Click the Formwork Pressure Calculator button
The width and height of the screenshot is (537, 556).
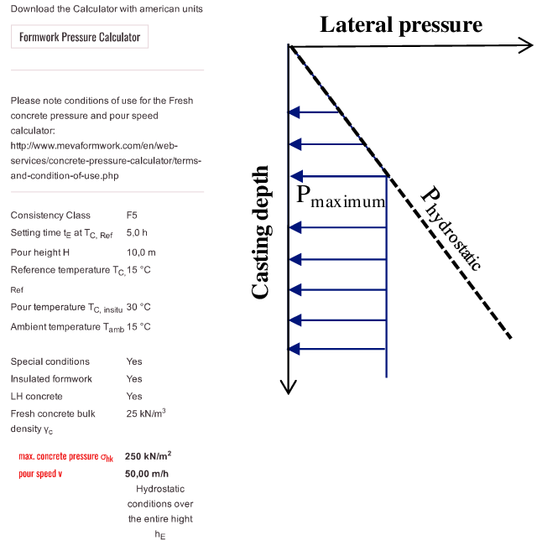pyautogui.click(x=80, y=37)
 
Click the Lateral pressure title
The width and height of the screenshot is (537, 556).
pyautogui.click(x=401, y=24)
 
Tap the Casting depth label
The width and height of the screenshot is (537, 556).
pyautogui.click(x=261, y=232)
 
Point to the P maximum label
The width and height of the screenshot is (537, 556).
pyautogui.click(x=341, y=198)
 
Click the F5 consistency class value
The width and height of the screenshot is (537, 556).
pyautogui.click(x=132, y=216)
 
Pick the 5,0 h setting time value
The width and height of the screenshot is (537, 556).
pyautogui.click(x=137, y=232)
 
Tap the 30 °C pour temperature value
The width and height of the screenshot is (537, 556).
pyautogui.click(x=138, y=307)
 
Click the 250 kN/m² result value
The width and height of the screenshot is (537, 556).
pyautogui.click(x=149, y=456)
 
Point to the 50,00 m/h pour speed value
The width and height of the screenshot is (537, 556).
pyautogui.click(x=148, y=474)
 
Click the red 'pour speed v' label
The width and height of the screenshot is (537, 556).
pyautogui.click(x=40, y=474)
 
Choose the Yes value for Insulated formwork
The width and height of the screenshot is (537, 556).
pyautogui.click(x=134, y=379)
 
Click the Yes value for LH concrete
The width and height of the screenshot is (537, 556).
pyautogui.click(x=134, y=396)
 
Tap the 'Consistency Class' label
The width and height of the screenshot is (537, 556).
pyautogui.click(x=50, y=216)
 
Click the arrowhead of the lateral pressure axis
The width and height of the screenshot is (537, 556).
pyautogui.click(x=526, y=44)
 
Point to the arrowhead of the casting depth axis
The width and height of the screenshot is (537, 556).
pyautogui.click(x=289, y=387)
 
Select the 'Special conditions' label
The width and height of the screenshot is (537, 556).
pyautogui.click(x=50, y=361)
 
